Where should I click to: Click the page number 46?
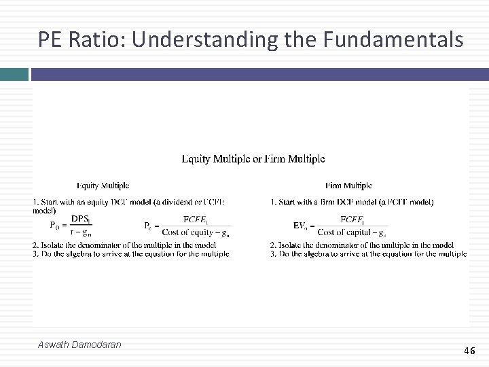pos(469,351)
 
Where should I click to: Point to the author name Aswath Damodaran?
pos(80,345)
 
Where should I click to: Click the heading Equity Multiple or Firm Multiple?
pos(253,159)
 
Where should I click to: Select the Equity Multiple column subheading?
pos(103,186)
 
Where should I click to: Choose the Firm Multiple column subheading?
pos(348,186)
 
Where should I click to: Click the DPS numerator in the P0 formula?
pos(81,219)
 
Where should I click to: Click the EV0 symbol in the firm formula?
pos(300,226)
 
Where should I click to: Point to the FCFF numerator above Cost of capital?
pos(352,219)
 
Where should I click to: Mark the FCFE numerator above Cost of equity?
pos(197,219)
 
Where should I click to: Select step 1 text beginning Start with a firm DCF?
pos(352,202)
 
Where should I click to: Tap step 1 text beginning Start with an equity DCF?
pos(129,202)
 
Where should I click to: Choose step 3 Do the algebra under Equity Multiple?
pos(130,254)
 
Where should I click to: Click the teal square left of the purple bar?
pos(14,74)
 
